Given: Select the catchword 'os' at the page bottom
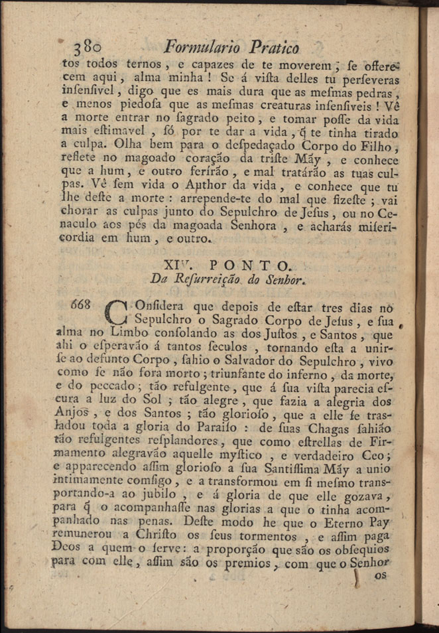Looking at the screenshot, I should (380, 575).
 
